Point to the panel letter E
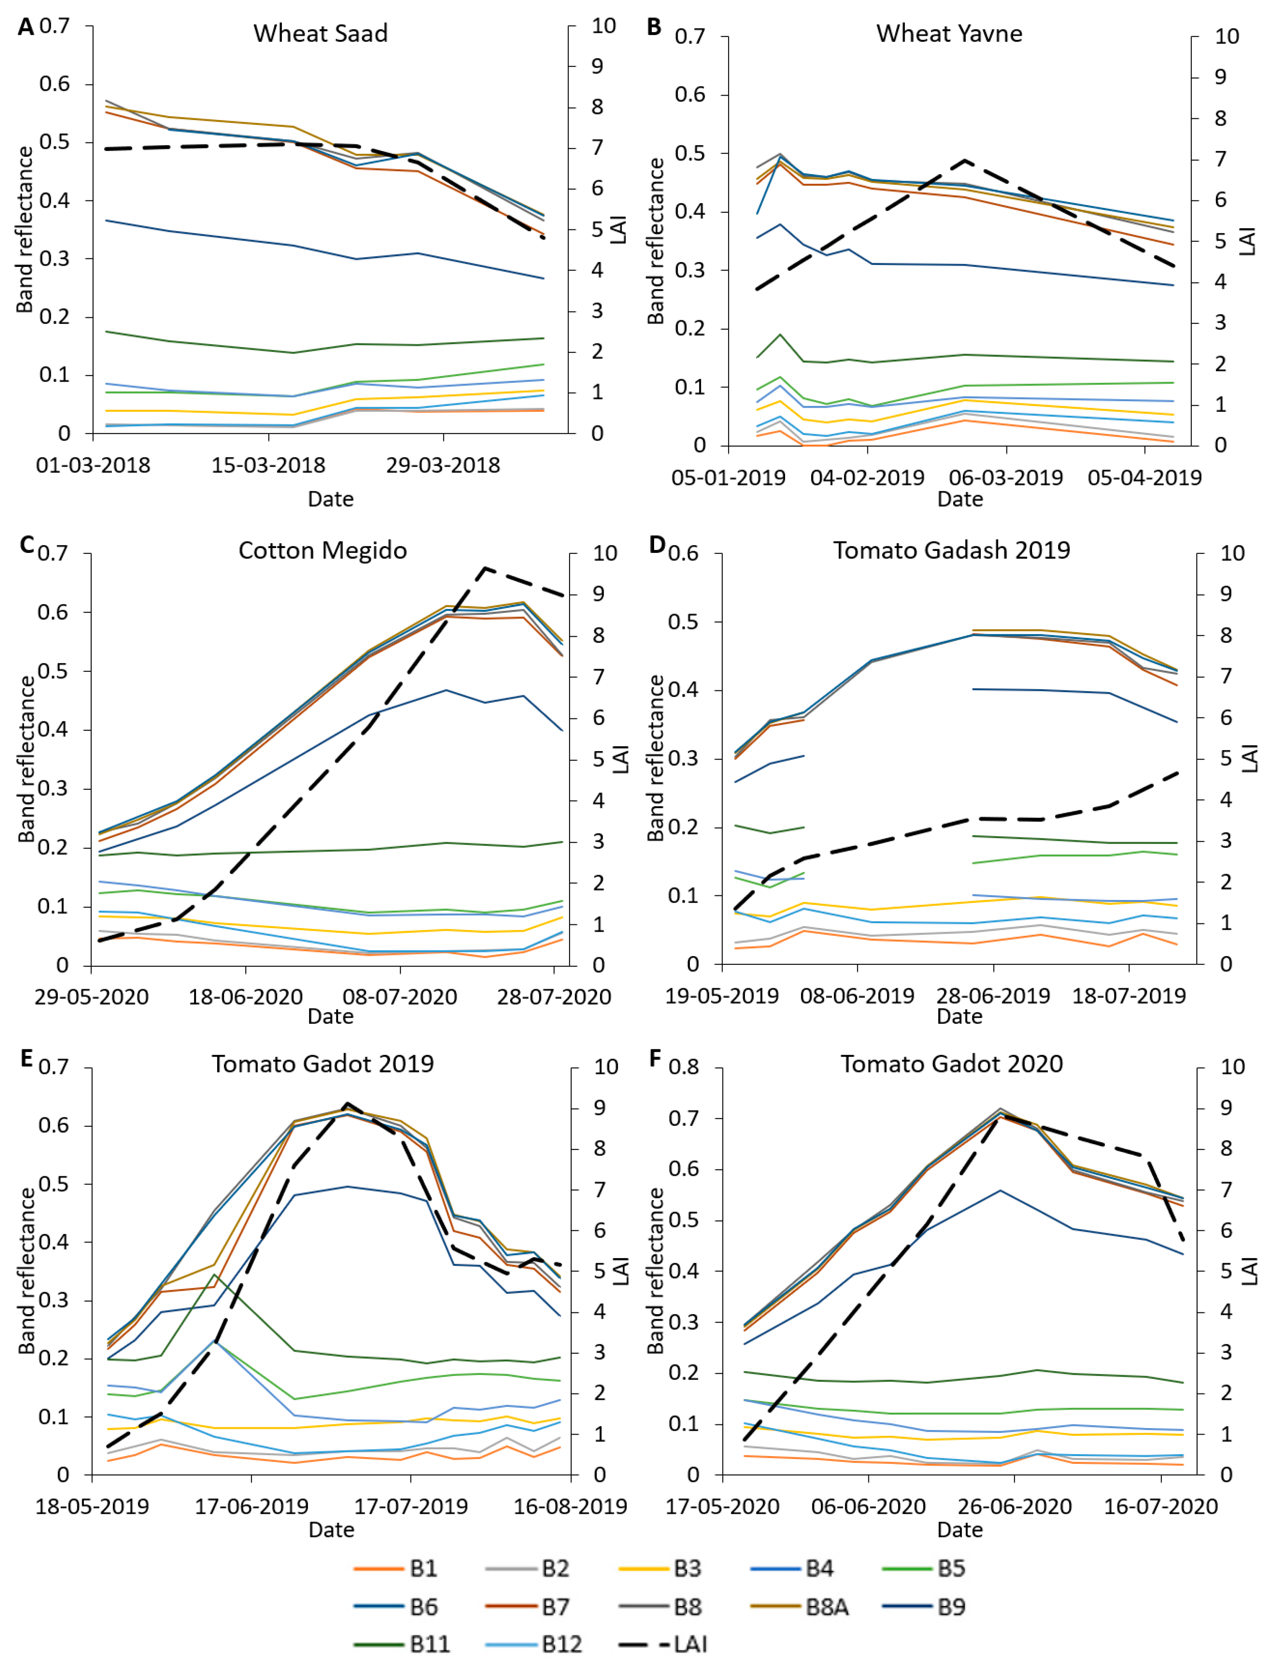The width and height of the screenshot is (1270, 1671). click(26, 1059)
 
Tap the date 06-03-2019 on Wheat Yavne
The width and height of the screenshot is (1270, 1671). click(1006, 478)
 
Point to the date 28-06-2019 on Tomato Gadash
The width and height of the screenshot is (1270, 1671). click(993, 995)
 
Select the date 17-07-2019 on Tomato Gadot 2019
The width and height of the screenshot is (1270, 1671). click(411, 1506)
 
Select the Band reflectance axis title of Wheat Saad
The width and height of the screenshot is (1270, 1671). click(24, 229)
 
